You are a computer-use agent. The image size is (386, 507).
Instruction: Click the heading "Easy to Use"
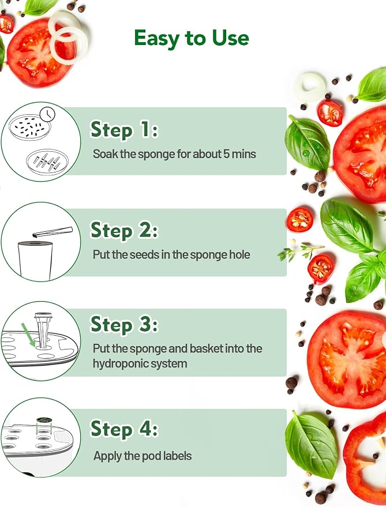192,39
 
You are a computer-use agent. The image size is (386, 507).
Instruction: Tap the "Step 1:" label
124,130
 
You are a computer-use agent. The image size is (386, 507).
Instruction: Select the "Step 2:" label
124,230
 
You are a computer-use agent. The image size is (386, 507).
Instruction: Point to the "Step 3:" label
124,324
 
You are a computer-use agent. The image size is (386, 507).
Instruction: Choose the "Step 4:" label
124,429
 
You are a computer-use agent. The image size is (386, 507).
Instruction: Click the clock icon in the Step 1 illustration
47,114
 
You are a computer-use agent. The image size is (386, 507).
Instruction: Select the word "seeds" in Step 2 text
141,254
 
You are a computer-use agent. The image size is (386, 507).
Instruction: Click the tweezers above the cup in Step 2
53,231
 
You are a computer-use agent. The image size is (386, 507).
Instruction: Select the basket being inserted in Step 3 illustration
43,330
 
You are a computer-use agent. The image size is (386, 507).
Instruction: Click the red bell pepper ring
365,459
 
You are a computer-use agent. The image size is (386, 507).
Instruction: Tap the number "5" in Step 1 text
227,154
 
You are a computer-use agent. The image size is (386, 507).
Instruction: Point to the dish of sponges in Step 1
47,162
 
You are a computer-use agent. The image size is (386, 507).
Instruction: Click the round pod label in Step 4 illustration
44,420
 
